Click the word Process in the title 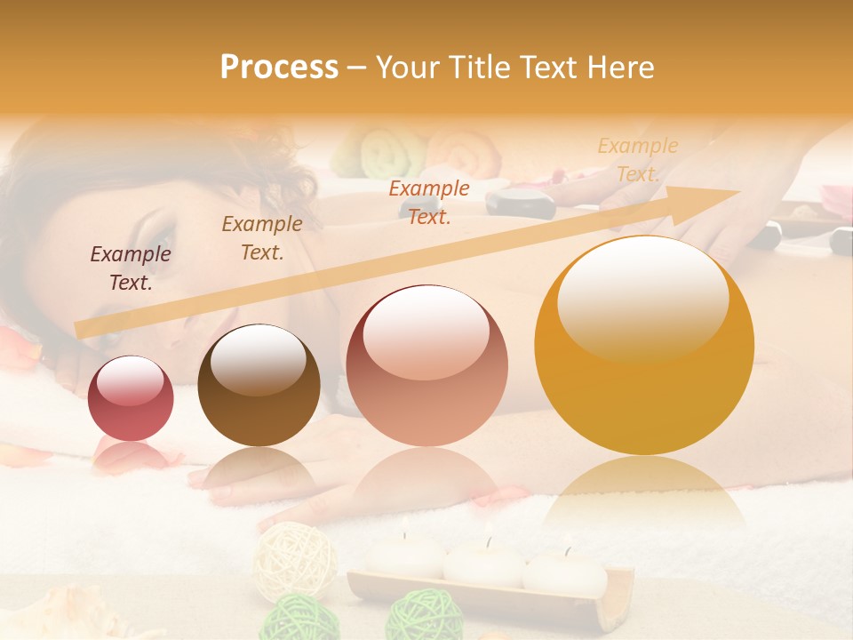coord(279,67)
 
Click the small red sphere coord(131,397)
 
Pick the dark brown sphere coord(259,385)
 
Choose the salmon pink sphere coord(426,365)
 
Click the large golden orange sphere coord(644,345)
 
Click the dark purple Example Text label coord(131,268)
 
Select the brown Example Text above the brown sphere coord(262,237)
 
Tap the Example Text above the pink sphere coord(429,202)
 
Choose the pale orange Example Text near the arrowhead coord(637,159)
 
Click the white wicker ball coord(295,561)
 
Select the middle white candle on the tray coord(483,561)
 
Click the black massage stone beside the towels coord(520,204)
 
